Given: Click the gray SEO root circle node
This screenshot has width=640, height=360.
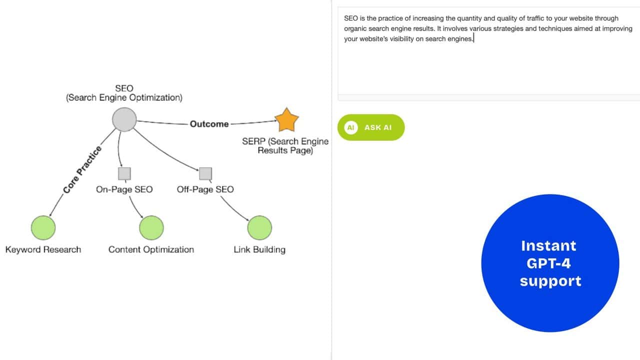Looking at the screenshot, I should click(x=124, y=120).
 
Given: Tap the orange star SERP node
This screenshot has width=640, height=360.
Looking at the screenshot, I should click(x=286, y=120).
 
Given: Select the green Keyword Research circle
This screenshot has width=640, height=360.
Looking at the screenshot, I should click(x=43, y=227).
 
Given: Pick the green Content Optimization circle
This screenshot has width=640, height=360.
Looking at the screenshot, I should click(x=151, y=227).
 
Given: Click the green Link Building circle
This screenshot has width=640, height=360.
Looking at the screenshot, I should click(x=259, y=227).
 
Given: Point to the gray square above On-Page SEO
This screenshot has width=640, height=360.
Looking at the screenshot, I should click(x=124, y=173).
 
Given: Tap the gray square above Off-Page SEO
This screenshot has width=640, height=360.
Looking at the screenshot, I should click(x=205, y=173).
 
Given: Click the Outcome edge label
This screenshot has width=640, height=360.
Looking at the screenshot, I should click(x=209, y=124).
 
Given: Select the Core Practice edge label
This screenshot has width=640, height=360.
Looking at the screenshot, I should click(x=82, y=169).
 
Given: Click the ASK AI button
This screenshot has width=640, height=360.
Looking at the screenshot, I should click(x=371, y=127).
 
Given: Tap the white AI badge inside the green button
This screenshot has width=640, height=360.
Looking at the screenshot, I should click(x=351, y=127).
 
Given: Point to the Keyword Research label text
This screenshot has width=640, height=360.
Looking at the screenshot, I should click(x=43, y=249).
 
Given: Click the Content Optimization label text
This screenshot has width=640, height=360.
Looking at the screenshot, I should click(x=151, y=249).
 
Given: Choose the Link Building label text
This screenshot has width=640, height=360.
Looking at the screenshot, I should click(x=259, y=249).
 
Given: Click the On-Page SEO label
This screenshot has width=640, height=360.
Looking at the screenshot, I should click(x=124, y=189).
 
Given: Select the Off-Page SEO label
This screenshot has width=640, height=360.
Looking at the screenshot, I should click(x=205, y=189).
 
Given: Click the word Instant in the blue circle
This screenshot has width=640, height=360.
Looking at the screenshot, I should click(x=548, y=245).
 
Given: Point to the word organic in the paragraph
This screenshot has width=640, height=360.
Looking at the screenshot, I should click(x=355, y=28).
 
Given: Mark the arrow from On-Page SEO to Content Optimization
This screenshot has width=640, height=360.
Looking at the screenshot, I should click(x=135, y=206).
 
